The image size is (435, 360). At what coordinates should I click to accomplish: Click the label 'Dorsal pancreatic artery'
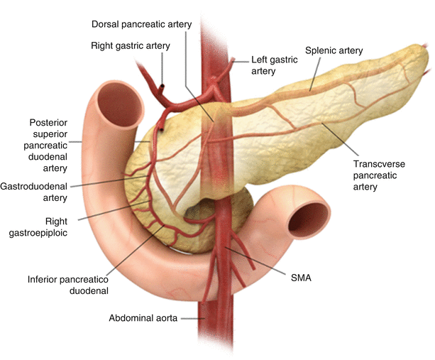(142, 24)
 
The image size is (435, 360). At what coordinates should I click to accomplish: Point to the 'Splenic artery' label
(334, 50)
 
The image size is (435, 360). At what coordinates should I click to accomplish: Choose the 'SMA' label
(301, 279)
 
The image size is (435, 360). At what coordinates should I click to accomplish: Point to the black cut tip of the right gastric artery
(162, 87)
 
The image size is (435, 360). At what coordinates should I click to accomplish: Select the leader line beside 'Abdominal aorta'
(192, 319)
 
